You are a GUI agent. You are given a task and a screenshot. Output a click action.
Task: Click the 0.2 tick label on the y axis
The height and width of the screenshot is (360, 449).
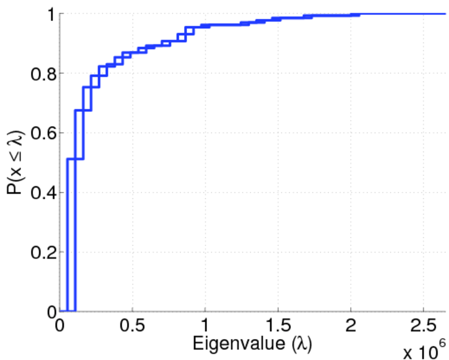click(x=39, y=252)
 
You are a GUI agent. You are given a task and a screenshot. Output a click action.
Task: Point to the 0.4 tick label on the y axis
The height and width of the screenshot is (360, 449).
click(x=39, y=193)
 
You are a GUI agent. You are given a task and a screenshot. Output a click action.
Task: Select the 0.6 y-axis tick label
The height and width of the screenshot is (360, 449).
click(x=39, y=133)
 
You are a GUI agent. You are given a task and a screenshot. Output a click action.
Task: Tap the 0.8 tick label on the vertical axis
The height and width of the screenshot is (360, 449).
click(x=39, y=74)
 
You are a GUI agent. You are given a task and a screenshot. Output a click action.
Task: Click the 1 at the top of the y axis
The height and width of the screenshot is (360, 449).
click(x=49, y=14)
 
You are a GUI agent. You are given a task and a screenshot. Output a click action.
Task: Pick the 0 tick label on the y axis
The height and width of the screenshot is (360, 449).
click(x=49, y=311)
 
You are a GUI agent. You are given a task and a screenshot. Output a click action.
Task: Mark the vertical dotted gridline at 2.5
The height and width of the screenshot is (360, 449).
click(x=423, y=180)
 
